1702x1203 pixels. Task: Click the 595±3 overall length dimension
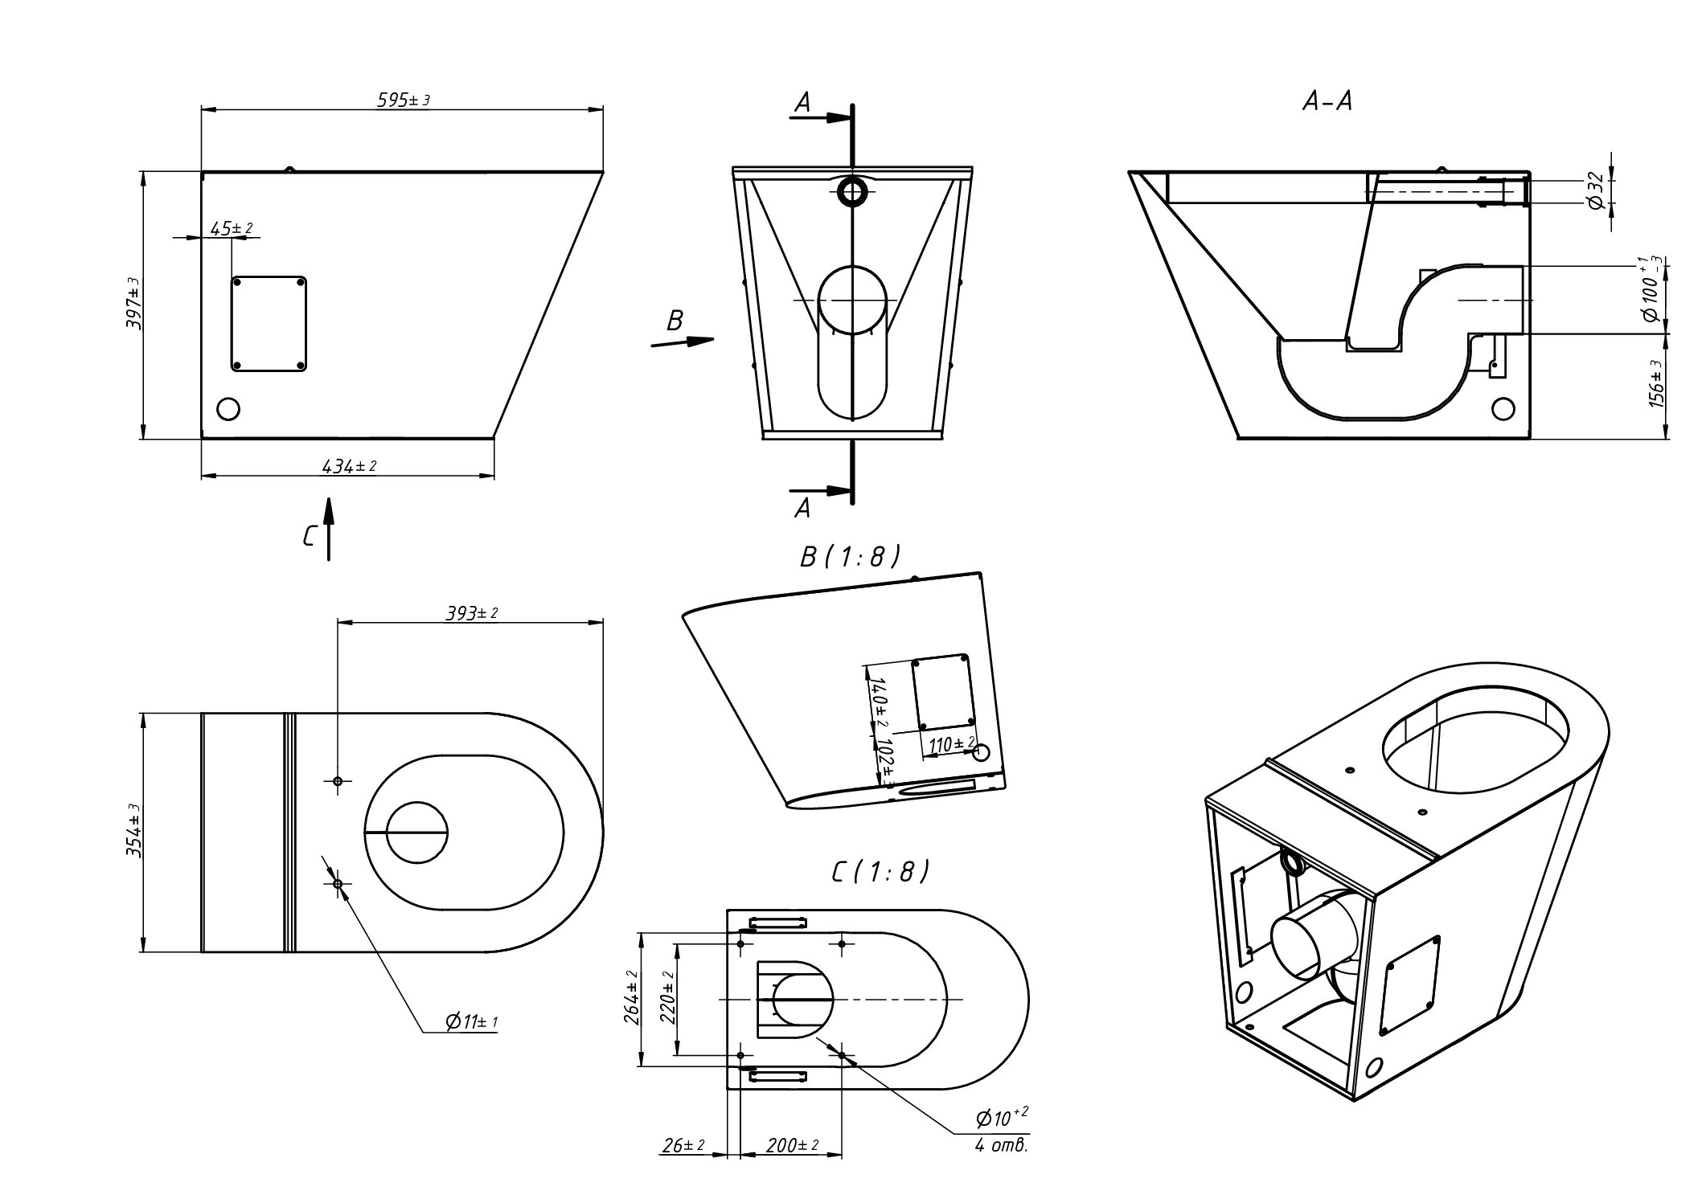[403, 100]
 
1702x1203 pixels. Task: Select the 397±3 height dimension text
[133, 304]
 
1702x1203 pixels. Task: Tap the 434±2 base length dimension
[348, 466]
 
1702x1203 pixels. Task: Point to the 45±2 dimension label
[231, 229]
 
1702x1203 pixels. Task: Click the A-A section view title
[1327, 102]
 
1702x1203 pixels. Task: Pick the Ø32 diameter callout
[1597, 191]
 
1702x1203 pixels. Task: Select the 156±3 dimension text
[1656, 384]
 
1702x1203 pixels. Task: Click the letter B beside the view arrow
[675, 321]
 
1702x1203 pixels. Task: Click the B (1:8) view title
[850, 557]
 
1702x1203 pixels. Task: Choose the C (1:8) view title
[880, 871]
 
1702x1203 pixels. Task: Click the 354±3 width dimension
[133, 831]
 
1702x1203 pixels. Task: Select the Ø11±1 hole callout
[472, 1022]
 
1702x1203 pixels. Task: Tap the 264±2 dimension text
[631, 998]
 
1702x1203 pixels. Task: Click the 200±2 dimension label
[791, 1145]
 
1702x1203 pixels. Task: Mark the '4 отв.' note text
[1001, 1146]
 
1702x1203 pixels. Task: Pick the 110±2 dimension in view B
[951, 745]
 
